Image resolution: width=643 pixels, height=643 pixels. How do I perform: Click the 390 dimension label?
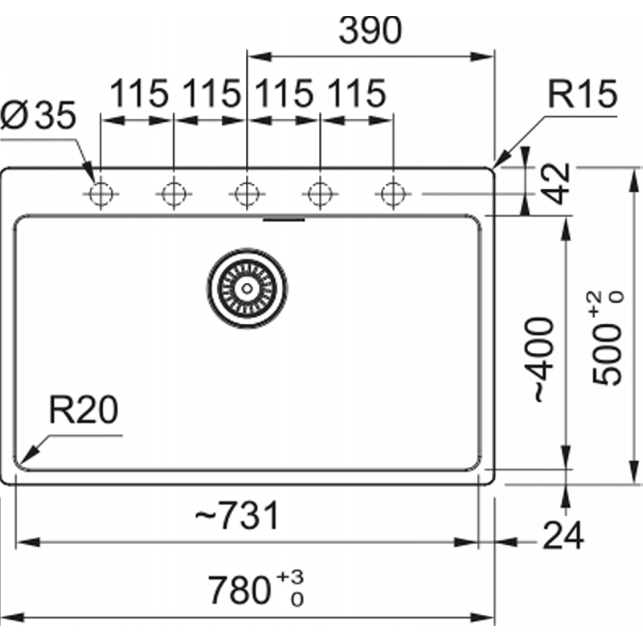(371, 31)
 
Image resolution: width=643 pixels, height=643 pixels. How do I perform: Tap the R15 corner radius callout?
(582, 94)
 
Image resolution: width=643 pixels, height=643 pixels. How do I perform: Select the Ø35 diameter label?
(38, 115)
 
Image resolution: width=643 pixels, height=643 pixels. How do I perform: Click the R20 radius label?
(84, 409)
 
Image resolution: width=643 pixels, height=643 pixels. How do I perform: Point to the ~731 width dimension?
(237, 515)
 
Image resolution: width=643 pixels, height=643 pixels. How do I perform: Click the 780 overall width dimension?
(239, 590)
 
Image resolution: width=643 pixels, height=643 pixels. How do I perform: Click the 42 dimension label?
(557, 183)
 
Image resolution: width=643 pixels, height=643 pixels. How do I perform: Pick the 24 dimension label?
(563, 535)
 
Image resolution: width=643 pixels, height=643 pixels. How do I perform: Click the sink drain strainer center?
(247, 289)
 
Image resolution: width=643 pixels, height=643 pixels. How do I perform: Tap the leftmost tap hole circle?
(101, 194)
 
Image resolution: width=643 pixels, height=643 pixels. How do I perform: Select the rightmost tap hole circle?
(393, 194)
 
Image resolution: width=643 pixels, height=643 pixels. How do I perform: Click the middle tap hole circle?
(247, 194)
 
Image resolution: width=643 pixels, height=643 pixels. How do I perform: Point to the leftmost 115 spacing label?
(139, 93)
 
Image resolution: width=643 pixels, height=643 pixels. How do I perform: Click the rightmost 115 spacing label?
(357, 93)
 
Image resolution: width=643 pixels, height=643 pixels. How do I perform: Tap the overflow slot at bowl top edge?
(284, 220)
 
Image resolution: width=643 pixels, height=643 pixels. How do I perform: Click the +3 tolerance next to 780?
(290, 577)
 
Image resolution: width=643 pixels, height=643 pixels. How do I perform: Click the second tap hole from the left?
(174, 194)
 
